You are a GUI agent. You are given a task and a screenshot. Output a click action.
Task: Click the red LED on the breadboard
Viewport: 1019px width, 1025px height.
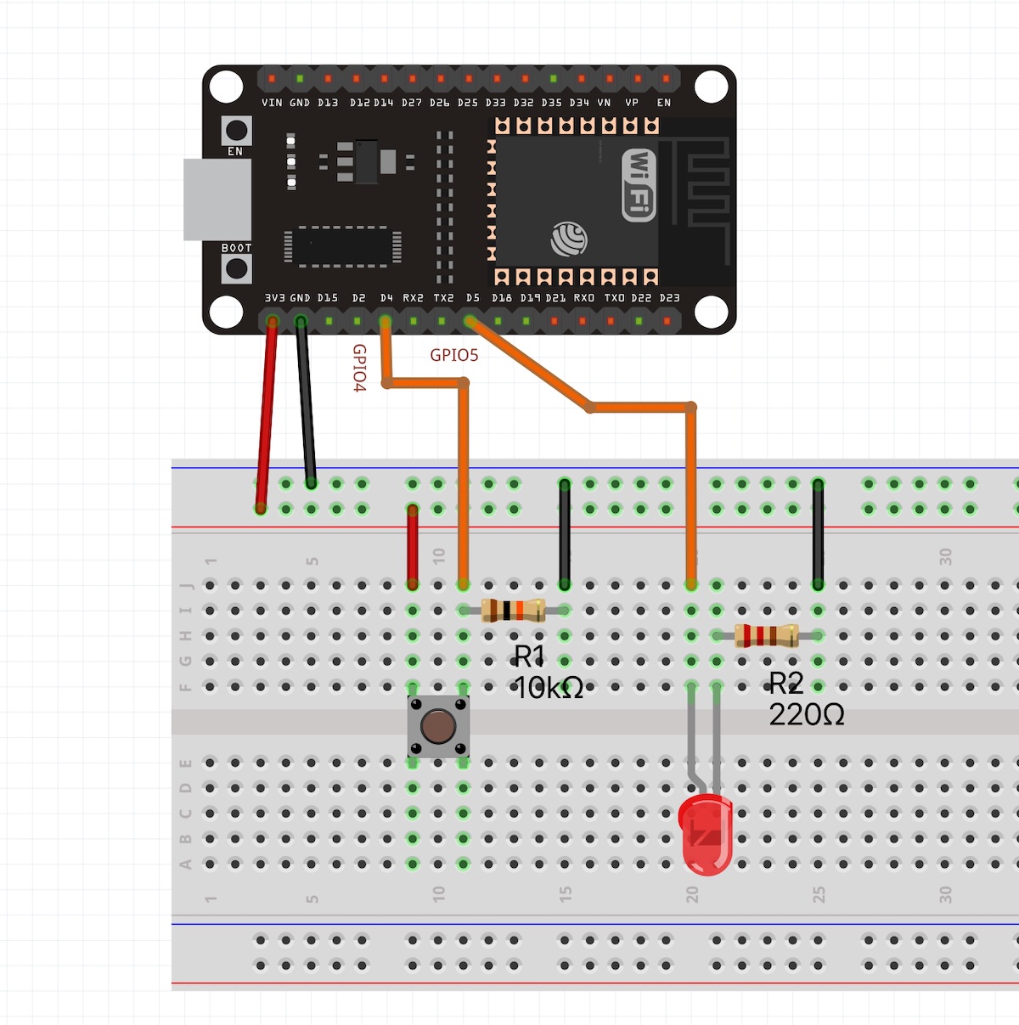point(706,836)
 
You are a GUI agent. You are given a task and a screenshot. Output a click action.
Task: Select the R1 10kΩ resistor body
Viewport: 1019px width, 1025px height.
point(513,610)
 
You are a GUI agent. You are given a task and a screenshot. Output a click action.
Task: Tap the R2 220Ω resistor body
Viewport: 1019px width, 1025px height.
point(766,635)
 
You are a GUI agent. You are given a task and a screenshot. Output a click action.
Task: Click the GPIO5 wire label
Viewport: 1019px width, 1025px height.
point(454,355)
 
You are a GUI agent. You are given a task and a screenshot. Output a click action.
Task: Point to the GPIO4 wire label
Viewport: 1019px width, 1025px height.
point(359,368)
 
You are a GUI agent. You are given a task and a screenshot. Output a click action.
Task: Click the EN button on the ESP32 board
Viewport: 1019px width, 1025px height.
point(236,131)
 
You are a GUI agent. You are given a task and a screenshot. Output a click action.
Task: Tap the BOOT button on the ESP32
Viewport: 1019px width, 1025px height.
point(236,269)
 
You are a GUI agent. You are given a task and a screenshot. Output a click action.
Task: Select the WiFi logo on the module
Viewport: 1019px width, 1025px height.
point(639,184)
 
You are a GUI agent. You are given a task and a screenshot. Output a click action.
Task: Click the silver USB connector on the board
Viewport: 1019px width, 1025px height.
point(217,200)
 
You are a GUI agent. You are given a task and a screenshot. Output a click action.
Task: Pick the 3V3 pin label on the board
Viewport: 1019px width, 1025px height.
point(274,298)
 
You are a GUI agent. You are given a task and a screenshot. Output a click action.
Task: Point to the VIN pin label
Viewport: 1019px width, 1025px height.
point(272,103)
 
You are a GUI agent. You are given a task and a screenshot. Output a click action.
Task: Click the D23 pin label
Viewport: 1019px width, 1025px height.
point(669,298)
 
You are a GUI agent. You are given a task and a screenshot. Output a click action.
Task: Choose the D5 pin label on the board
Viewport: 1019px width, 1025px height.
point(473,298)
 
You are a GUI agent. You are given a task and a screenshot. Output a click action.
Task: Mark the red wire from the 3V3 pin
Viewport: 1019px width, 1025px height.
point(267,416)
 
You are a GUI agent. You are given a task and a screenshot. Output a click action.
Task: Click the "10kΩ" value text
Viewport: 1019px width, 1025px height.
point(549,688)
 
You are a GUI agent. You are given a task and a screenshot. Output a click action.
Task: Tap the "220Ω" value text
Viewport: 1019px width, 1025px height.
point(807,715)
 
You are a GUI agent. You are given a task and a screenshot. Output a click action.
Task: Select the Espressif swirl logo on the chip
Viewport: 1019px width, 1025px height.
point(569,239)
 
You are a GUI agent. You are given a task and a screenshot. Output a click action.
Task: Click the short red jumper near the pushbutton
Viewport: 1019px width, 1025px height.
point(413,547)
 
